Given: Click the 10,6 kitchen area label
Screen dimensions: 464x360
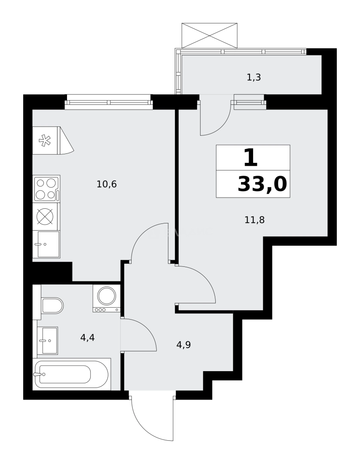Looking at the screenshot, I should [x=107, y=185].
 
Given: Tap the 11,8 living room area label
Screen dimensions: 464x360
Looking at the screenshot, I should [x=254, y=220].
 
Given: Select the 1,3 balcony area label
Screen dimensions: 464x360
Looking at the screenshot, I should [x=254, y=78].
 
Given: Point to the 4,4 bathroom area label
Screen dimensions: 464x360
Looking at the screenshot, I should [x=87, y=337].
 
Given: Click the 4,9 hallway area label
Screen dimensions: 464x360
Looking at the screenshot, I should [x=183, y=345].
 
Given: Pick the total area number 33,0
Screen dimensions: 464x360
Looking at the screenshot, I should [x=262, y=185].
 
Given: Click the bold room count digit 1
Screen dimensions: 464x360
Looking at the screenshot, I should [x=250, y=158].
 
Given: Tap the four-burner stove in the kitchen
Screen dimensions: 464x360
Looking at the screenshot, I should [x=46, y=189].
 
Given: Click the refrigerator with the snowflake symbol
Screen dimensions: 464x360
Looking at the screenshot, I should [x=46, y=140].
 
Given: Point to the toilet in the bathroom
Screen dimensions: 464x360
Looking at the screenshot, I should [x=52, y=305].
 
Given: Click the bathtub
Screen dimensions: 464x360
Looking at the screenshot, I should [x=71, y=374].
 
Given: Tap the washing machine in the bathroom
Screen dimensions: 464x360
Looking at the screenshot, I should [x=106, y=298].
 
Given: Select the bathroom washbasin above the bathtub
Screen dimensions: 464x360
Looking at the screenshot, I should [x=48, y=341].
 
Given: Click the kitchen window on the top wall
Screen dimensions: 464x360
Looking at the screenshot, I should [x=109, y=103].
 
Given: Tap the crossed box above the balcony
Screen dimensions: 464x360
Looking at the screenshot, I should [x=209, y=36].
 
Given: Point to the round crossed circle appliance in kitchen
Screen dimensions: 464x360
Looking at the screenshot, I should [x=45, y=217].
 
